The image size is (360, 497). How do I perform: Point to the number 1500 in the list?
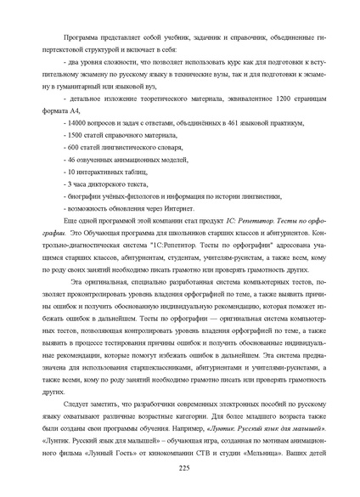pos(76,135)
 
